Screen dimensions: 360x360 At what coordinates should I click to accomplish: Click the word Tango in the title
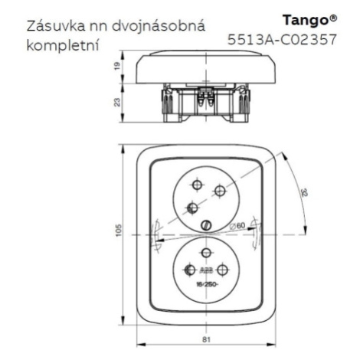point(306,21)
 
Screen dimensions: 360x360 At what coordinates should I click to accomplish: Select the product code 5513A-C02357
point(282,40)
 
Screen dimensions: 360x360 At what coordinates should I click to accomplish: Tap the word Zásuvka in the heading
point(56,26)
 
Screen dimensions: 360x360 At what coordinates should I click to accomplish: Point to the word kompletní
point(63,46)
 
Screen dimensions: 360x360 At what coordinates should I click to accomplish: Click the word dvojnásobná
point(159,26)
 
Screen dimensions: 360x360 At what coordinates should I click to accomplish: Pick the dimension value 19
point(116,67)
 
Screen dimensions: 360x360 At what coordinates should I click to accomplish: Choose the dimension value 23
point(116,102)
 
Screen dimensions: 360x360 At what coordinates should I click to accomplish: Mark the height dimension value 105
point(119,230)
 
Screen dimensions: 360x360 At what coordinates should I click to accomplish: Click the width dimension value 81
point(206,339)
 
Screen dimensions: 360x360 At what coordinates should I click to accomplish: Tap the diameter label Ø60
point(237,225)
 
